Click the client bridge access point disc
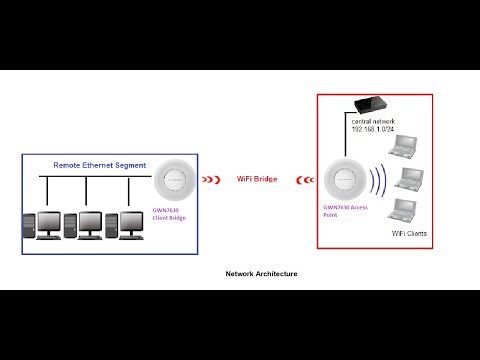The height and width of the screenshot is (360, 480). (x=173, y=179)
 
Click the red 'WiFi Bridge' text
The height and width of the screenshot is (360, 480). (x=257, y=179)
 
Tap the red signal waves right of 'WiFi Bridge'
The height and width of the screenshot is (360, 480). (x=305, y=180)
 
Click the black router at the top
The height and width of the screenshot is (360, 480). (x=371, y=104)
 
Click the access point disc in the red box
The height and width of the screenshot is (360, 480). (x=342, y=180)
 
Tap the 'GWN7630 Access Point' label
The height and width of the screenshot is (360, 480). (x=345, y=212)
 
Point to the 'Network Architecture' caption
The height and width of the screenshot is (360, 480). (x=261, y=273)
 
